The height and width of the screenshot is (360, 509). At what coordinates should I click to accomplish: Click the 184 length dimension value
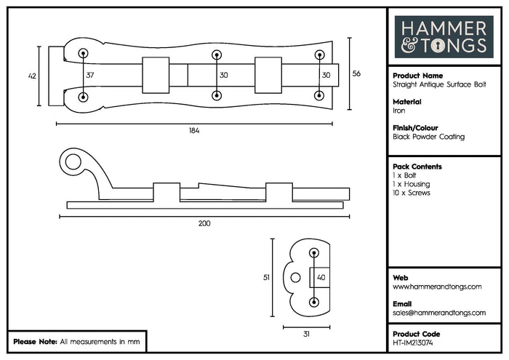194,130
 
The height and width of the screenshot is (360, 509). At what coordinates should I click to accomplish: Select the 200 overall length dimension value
204,223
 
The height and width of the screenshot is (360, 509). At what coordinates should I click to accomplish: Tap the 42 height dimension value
32,76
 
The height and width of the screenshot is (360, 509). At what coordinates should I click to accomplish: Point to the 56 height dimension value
356,73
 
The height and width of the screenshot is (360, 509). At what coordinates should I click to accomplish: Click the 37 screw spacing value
90,75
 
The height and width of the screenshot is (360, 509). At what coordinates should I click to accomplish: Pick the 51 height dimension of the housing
266,278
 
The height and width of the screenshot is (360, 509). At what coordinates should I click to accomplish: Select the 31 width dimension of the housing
306,334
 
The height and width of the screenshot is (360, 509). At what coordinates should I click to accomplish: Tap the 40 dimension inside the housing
321,278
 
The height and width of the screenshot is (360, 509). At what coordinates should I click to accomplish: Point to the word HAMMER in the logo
444,28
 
